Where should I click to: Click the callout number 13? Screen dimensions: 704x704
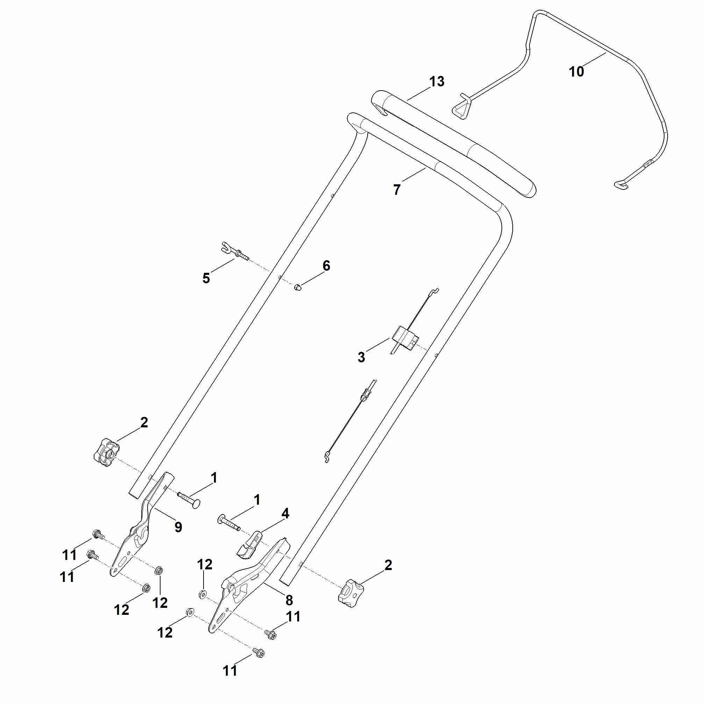(x=437, y=81)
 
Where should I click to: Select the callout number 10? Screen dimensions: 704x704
(x=576, y=72)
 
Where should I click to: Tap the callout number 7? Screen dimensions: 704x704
(x=397, y=190)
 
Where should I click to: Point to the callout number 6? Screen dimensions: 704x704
(x=326, y=266)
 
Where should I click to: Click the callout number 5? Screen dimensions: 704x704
(x=206, y=278)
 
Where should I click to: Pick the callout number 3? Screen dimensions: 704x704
(x=361, y=357)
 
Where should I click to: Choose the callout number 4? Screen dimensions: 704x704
(x=285, y=514)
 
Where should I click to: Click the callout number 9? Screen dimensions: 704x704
(x=178, y=527)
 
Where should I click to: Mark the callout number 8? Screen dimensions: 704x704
(x=289, y=600)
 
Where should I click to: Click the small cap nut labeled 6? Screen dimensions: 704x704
(x=297, y=287)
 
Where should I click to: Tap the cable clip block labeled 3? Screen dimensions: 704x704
(x=405, y=337)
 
